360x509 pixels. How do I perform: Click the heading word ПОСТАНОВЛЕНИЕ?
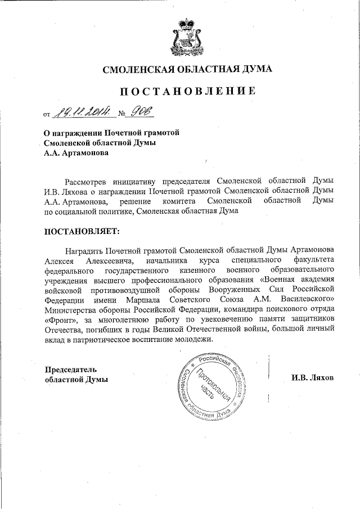coord(179,91)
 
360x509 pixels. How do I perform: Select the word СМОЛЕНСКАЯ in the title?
coord(137,70)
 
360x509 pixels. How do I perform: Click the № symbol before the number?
coord(121,115)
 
